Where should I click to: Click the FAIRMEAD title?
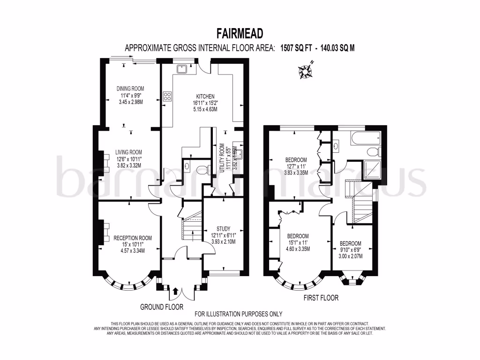[x=240, y=33]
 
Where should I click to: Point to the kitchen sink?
[x=182, y=69]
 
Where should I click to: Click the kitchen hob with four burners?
[x=167, y=97]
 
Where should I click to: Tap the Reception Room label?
[x=133, y=244]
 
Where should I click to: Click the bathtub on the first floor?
[x=362, y=138]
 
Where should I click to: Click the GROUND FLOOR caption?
[x=162, y=307]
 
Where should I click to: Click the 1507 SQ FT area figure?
[x=296, y=47]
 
